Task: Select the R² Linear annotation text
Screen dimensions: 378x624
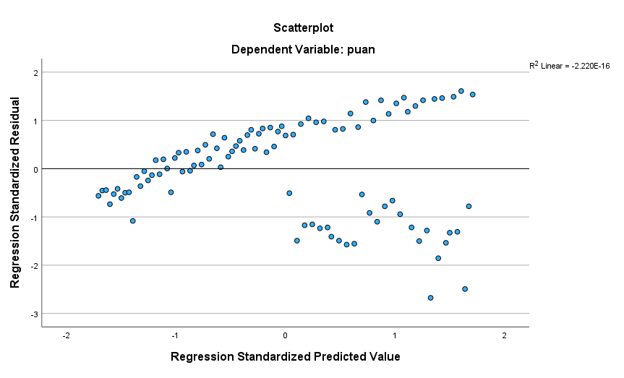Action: pyautogui.click(x=569, y=66)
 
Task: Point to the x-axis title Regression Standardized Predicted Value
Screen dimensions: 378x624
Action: pyautogui.click(x=285, y=356)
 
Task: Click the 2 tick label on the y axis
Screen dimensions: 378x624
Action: pyautogui.click(x=34, y=72)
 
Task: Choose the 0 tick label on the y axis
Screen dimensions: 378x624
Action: pyautogui.click(x=34, y=169)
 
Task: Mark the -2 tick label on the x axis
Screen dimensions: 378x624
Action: pyautogui.click(x=66, y=336)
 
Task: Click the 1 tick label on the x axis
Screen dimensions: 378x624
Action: pyautogui.click(x=395, y=336)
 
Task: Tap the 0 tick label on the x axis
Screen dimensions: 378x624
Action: pyautogui.click(x=285, y=336)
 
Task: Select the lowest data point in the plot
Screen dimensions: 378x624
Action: pyautogui.click(x=430, y=298)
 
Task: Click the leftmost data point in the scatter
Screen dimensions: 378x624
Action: pyautogui.click(x=98, y=196)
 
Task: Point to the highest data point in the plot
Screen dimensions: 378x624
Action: pyautogui.click(x=461, y=91)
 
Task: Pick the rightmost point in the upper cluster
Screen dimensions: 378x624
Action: pyautogui.click(x=472, y=95)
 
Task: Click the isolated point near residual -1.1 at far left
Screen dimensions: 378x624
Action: pyautogui.click(x=132, y=221)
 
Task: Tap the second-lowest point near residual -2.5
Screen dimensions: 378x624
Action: pyautogui.click(x=465, y=289)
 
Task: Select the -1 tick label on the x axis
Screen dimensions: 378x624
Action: pyautogui.click(x=175, y=336)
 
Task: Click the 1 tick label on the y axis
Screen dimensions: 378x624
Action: pyautogui.click(x=34, y=121)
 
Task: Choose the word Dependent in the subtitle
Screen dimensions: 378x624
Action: pyautogui.click(x=256, y=50)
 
